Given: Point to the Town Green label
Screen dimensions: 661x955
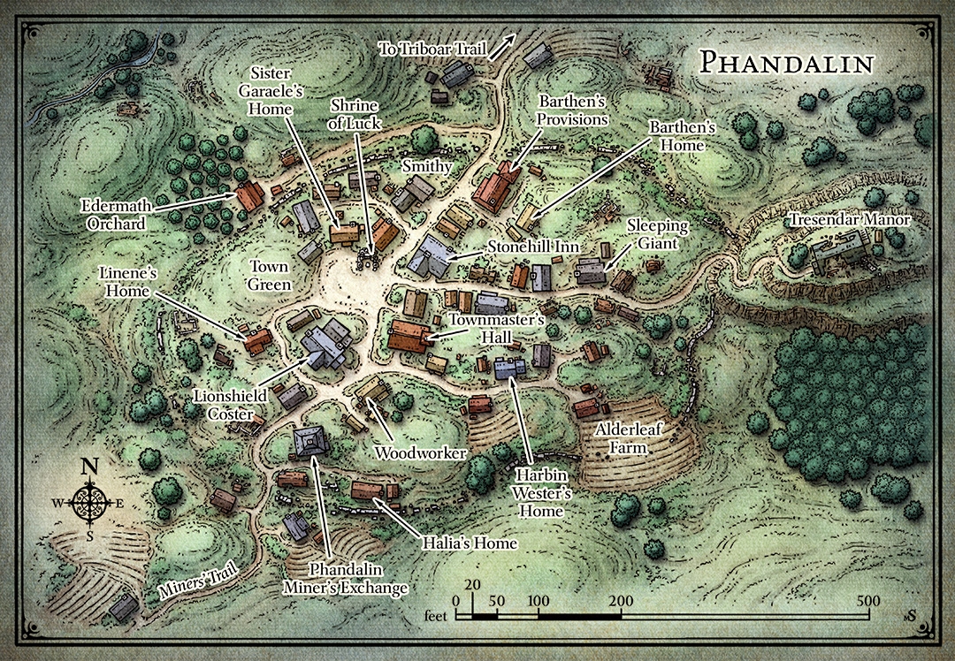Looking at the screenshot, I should [270, 275].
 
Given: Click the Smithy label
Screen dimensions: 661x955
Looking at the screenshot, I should [426, 165].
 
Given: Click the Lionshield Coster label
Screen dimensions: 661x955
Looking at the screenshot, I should [225, 406].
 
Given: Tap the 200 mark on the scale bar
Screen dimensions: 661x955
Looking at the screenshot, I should [620, 601].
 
